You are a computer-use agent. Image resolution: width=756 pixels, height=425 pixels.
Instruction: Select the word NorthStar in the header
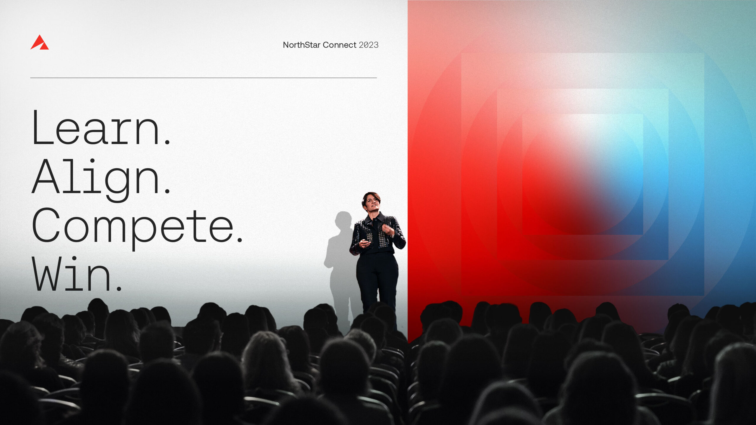click(302, 45)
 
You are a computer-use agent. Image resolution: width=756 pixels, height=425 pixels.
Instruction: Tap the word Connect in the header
click(340, 45)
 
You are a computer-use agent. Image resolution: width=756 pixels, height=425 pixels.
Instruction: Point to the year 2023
click(369, 45)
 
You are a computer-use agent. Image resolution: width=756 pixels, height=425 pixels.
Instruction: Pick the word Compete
click(137, 229)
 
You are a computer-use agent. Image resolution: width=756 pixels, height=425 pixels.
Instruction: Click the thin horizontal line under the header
click(203, 78)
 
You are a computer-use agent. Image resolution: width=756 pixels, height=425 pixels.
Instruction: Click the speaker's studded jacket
click(377, 235)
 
